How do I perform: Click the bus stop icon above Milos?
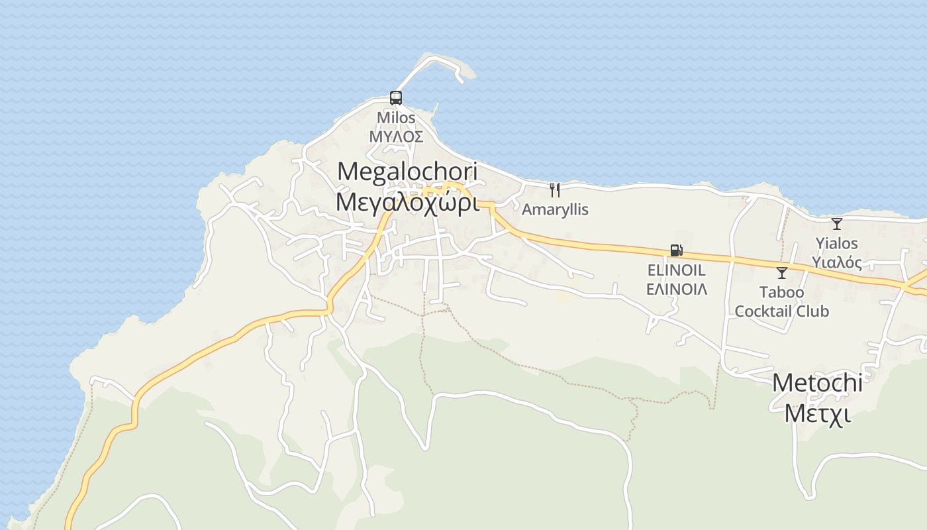(396, 98)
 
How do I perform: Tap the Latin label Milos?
(396, 118)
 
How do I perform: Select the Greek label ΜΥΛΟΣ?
(396, 136)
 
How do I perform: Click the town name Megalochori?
(407, 172)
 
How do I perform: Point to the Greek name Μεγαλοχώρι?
(407, 202)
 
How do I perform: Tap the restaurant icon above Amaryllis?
(555, 190)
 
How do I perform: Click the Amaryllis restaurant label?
(555, 209)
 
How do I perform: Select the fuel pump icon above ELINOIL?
(676, 250)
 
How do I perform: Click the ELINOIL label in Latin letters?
(676, 270)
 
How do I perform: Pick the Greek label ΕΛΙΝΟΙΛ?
(676, 289)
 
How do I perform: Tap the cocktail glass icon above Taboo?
(782, 272)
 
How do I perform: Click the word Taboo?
(782, 292)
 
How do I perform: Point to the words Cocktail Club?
(782, 311)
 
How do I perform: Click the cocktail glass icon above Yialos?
(837, 224)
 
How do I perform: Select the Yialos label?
(837, 243)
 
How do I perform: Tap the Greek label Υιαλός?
(837, 262)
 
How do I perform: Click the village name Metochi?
(817, 383)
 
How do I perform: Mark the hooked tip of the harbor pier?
(460, 79)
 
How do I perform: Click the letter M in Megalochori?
(346, 172)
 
